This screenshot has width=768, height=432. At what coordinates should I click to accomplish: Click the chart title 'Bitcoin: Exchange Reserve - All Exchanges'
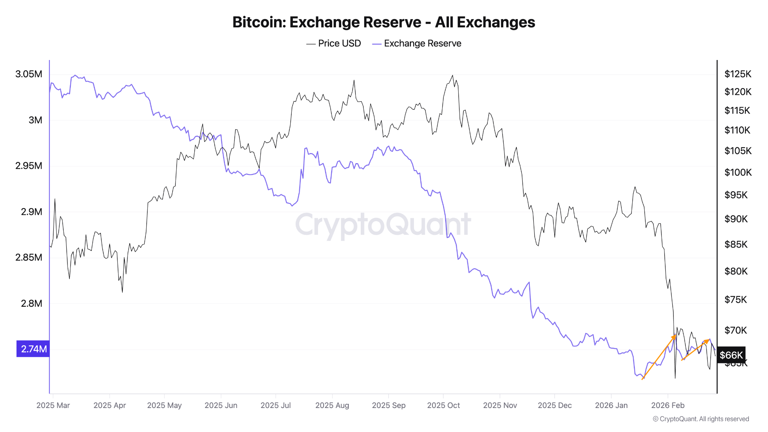(x=384, y=22)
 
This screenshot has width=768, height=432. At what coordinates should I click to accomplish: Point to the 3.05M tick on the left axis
(x=29, y=74)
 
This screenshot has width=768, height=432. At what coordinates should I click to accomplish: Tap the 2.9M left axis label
(x=31, y=212)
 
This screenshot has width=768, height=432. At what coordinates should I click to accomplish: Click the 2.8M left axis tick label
(x=31, y=303)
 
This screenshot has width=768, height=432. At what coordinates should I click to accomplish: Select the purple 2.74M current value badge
(x=33, y=349)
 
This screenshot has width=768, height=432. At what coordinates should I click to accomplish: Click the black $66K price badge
(x=731, y=355)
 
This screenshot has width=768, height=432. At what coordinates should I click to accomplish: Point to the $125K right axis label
(x=738, y=74)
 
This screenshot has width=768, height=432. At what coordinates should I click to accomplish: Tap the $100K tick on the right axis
(x=738, y=172)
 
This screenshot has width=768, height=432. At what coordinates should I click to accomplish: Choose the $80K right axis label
(x=736, y=271)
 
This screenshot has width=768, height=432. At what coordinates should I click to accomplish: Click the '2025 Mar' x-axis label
(x=53, y=405)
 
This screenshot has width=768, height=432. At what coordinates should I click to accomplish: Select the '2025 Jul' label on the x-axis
(x=276, y=405)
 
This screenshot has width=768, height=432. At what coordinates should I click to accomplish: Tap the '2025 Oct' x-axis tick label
(x=443, y=405)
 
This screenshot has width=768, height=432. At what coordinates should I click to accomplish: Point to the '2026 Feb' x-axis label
(x=668, y=405)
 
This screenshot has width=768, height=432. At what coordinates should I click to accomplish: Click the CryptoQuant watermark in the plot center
(x=383, y=225)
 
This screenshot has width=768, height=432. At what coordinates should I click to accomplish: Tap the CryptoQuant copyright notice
(x=701, y=419)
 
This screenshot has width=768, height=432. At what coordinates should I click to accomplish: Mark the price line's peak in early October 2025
(x=452, y=75)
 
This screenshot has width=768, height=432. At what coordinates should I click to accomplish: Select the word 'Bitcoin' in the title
(x=259, y=22)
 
